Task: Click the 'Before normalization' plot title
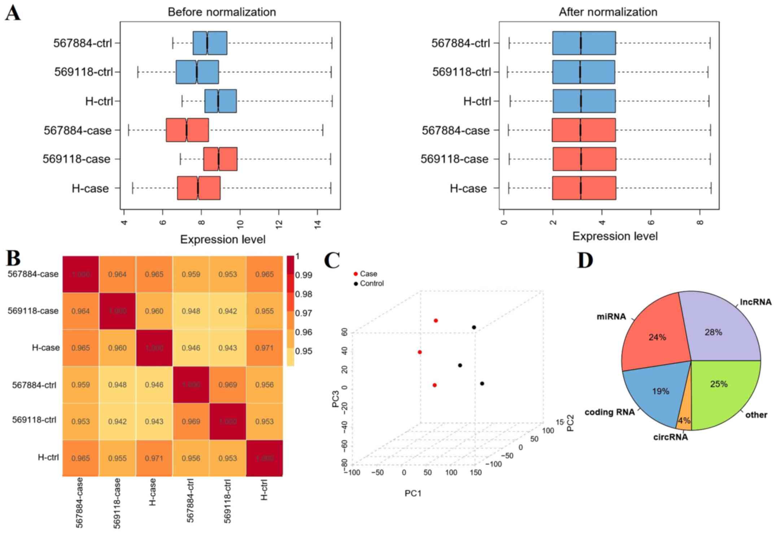pyautogui.click(x=222, y=12)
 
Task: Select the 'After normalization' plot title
pyautogui.click(x=608, y=12)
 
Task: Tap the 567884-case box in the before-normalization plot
pyautogui.click(x=187, y=130)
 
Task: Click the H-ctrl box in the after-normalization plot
pyautogui.click(x=584, y=101)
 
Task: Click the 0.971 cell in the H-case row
pyautogui.click(x=265, y=348)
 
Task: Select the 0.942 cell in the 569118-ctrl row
pyautogui.click(x=117, y=421)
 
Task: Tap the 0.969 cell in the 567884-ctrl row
pyautogui.click(x=228, y=385)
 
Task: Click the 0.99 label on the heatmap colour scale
pyautogui.click(x=304, y=275)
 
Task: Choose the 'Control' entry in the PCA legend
pyautogui.click(x=371, y=283)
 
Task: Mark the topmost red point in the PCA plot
pyautogui.click(x=436, y=321)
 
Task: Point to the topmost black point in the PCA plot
pyautogui.click(x=474, y=328)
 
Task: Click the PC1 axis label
pyautogui.click(x=413, y=493)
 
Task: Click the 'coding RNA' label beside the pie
pyautogui.click(x=610, y=412)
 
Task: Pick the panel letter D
pyautogui.click(x=585, y=260)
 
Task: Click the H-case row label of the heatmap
pyautogui.click(x=45, y=348)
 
